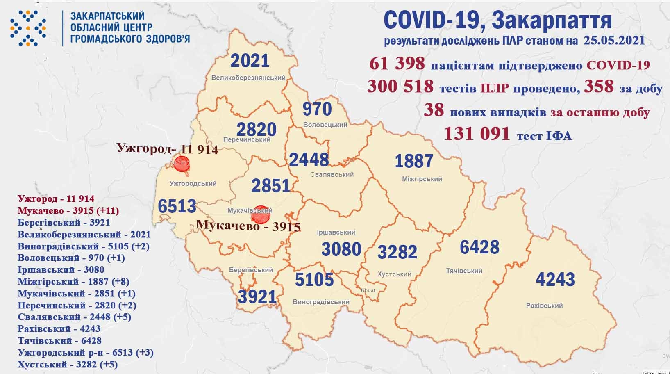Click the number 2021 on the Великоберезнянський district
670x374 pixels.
[x=250, y=61]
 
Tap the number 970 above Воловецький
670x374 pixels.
[x=317, y=109]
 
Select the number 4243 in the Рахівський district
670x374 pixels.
[x=555, y=280]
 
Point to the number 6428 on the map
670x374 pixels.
[x=479, y=247]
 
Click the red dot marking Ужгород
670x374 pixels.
[x=182, y=164]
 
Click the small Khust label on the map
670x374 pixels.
[x=368, y=290]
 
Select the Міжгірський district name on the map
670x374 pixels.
[x=421, y=179]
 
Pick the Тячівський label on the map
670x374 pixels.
[x=464, y=271]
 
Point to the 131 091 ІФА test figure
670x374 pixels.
[x=477, y=134]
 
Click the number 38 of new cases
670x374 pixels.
[x=434, y=110]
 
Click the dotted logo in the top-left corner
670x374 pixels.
[x=28, y=28]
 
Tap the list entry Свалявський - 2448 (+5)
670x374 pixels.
[x=75, y=317]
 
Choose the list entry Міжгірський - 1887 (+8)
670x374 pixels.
[x=74, y=282]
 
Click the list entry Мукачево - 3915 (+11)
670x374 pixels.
[x=68, y=211]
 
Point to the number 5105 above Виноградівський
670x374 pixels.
[x=314, y=280]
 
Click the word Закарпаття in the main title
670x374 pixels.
[x=551, y=21]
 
